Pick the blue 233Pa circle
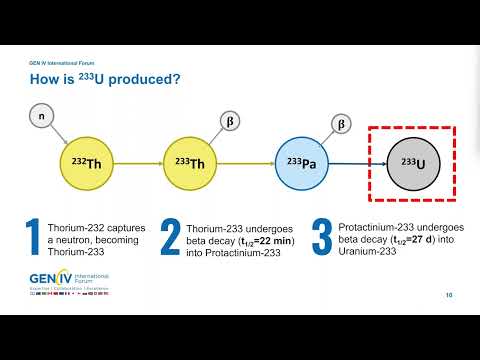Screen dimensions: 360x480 (302, 163)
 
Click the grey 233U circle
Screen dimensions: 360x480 (412, 163)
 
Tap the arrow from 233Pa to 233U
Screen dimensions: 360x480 (356, 163)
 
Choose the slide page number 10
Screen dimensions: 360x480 (449, 295)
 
